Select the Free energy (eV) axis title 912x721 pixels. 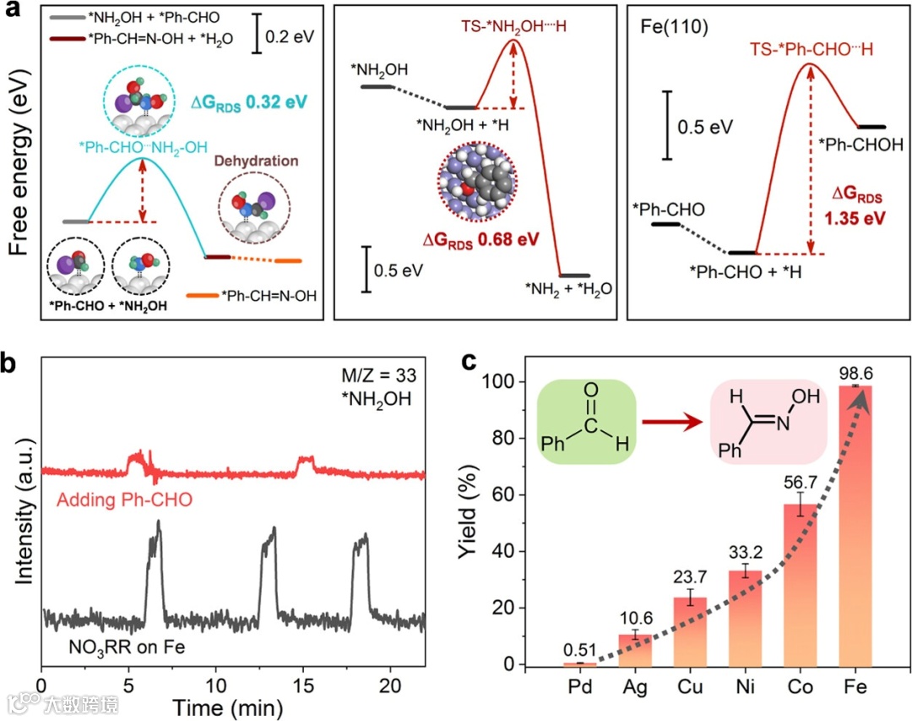[19, 166]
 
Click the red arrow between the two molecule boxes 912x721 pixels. [673, 419]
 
